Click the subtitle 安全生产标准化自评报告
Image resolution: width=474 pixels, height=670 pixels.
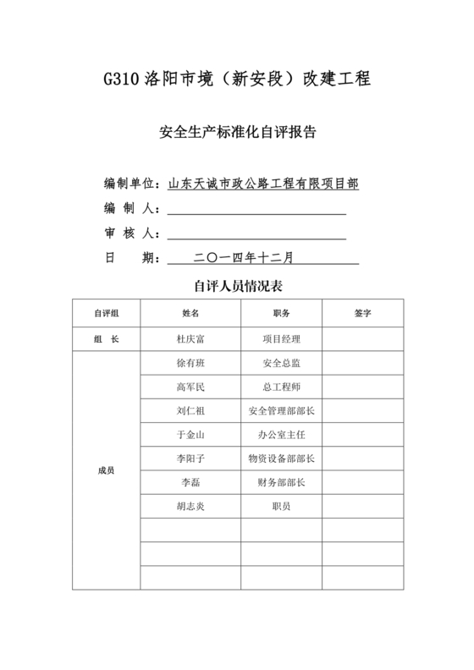pos(237,133)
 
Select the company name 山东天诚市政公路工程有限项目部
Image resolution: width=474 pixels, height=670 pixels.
pos(263,183)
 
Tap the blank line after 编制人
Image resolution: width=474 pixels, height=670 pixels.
pos(256,208)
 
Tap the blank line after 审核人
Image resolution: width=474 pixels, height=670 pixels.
pos(256,233)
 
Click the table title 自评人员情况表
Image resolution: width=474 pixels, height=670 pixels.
pos(237,287)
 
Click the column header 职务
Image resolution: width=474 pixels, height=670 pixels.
pos(281,313)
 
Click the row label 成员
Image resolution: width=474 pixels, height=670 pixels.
pos(106,470)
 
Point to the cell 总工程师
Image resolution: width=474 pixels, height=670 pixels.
pos(281,387)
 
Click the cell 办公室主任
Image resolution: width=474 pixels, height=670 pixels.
pos(281,435)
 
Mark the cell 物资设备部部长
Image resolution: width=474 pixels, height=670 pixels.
pos(281,459)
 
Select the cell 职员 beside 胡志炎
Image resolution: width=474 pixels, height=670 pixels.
pos(281,506)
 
